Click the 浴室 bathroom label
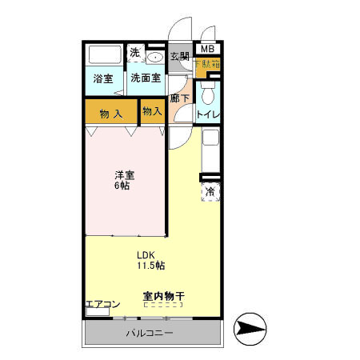(x=102, y=78)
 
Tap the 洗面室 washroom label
(x=146, y=78)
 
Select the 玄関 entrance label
(x=179, y=56)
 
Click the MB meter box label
(x=207, y=47)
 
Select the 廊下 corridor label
(x=179, y=98)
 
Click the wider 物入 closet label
(x=110, y=113)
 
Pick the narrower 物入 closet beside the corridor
(x=152, y=111)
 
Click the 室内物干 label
(x=164, y=296)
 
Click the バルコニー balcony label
(x=149, y=333)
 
